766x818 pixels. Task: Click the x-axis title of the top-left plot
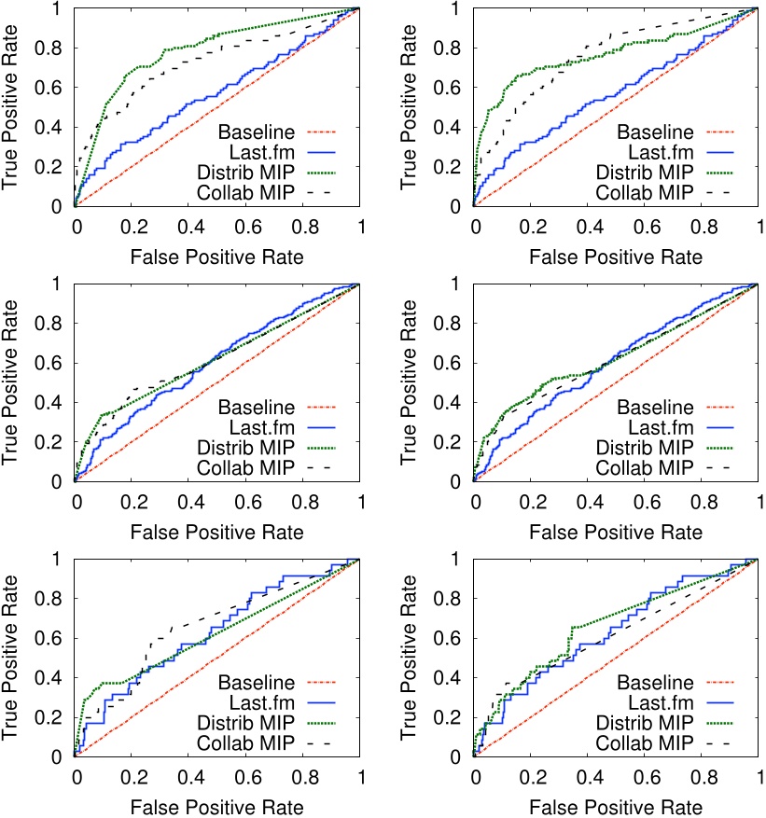216,255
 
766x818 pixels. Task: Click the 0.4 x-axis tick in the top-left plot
188,229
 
